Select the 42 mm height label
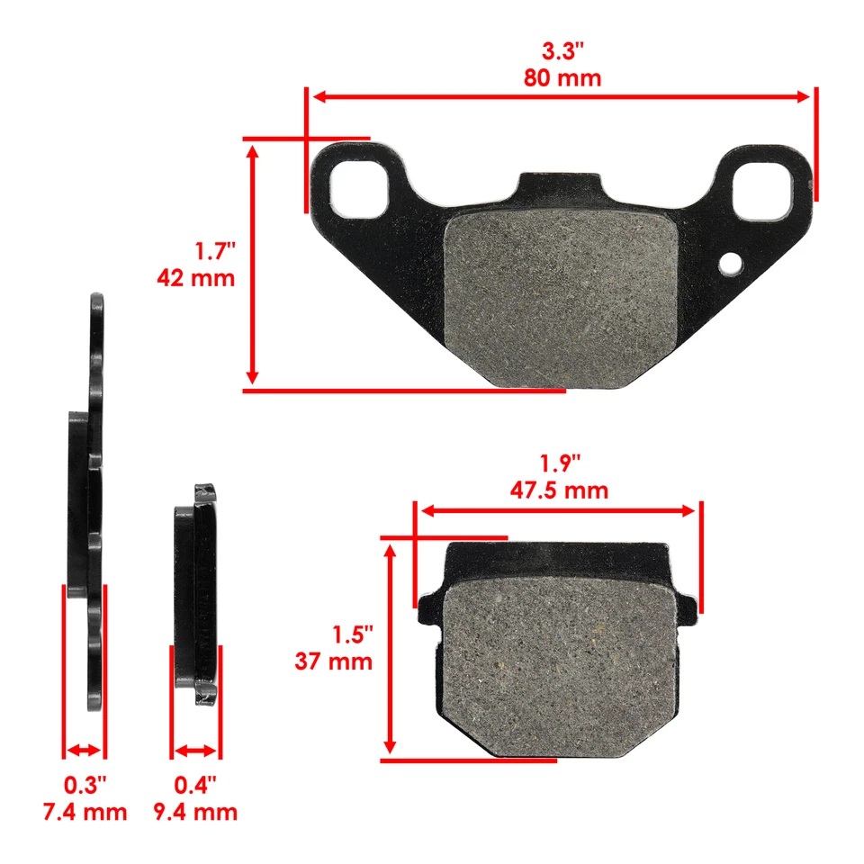coord(195,277)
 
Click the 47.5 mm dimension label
coord(560,490)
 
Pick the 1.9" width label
coord(560,463)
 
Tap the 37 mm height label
coord(333,661)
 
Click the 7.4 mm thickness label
coord(85,812)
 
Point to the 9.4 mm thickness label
coord(195,812)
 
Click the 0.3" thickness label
coord(85,785)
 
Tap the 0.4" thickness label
coord(195,785)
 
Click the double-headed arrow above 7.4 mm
coord(85,750)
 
